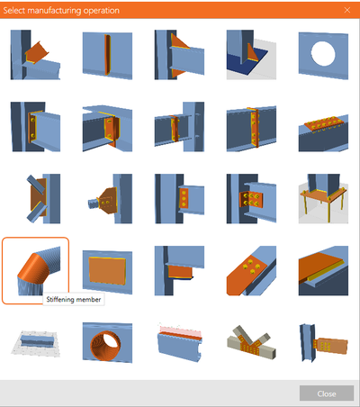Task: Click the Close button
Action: [x=327, y=393]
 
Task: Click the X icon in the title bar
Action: [x=347, y=10]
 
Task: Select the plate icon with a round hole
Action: [x=323, y=55]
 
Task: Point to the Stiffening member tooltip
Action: [x=74, y=300]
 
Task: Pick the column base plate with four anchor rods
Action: [x=323, y=199]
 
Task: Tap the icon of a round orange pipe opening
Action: [x=107, y=343]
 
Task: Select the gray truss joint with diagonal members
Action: [x=251, y=343]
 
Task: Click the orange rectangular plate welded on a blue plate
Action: [x=107, y=270]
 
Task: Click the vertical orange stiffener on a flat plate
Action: [x=107, y=55]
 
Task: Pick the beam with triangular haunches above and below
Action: [x=179, y=55]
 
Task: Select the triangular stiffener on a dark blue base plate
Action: [x=251, y=55]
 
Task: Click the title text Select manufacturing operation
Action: [x=61, y=11]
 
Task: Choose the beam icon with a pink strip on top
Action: [x=179, y=343]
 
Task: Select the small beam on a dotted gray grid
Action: [x=35, y=343]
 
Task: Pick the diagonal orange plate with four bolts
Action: [x=251, y=270]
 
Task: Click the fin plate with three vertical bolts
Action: [x=179, y=199]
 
